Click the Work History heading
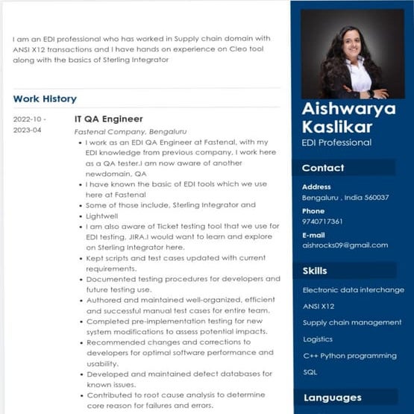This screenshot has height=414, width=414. click(45, 98)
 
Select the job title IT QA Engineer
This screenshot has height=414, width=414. click(109, 119)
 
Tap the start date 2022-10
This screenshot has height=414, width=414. click(29, 119)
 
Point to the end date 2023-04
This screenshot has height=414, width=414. click(28, 131)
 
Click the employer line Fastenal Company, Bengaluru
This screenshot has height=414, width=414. click(131, 131)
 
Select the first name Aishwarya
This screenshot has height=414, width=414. click(349, 110)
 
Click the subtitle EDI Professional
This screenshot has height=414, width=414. click(336, 142)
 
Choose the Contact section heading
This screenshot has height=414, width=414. click(323, 168)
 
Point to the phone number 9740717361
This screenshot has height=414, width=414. click(322, 222)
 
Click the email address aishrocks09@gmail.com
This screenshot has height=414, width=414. click(345, 245)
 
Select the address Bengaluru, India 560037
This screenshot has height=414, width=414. click(345, 198)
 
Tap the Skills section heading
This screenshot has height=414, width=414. click(315, 270)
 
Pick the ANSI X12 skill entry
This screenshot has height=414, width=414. click(319, 306)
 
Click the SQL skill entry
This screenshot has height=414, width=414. click(310, 371)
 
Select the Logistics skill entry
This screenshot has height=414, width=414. click(319, 339)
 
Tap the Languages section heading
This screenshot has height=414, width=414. click(332, 398)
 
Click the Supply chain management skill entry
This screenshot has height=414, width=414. click(352, 322)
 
